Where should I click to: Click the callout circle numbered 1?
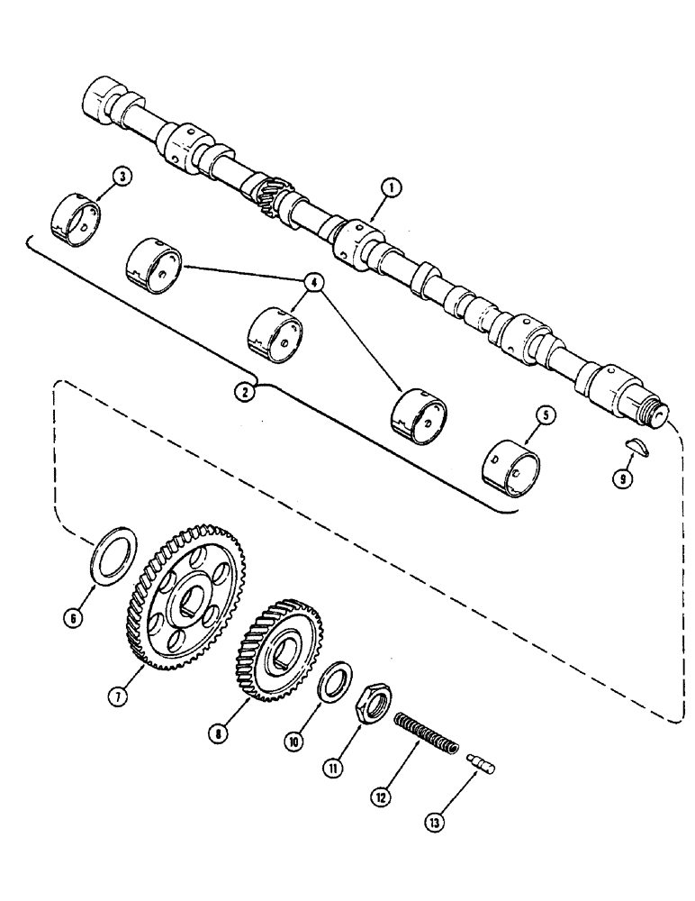click(x=389, y=187)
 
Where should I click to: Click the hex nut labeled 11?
click(x=371, y=704)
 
